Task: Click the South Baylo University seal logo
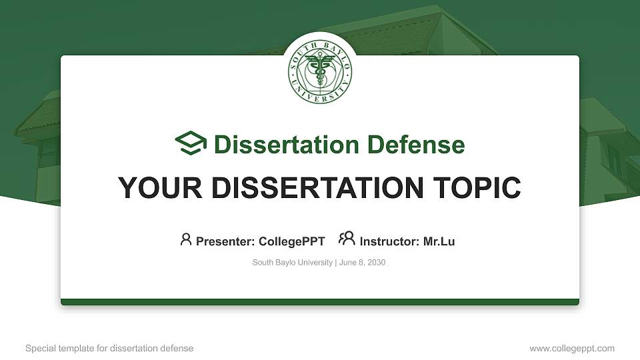click(x=320, y=71)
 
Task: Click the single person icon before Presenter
click(x=186, y=239)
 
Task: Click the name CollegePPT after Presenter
click(x=291, y=241)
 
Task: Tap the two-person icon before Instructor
click(x=347, y=239)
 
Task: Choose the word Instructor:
click(x=389, y=241)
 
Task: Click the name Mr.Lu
click(x=439, y=241)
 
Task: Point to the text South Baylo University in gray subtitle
click(x=292, y=263)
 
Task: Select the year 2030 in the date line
click(x=376, y=263)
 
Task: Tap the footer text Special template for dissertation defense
click(x=109, y=348)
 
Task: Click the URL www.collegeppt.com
click(x=572, y=348)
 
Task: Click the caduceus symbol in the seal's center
click(x=320, y=72)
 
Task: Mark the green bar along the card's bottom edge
click(x=320, y=302)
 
